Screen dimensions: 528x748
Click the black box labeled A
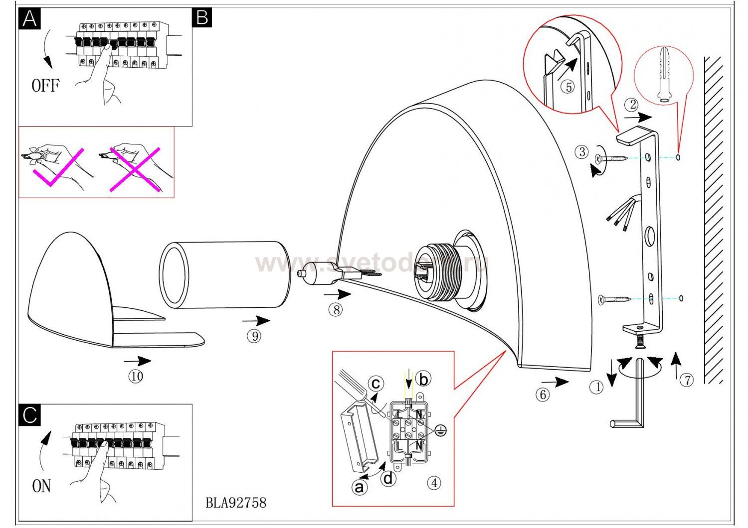coord(29,18)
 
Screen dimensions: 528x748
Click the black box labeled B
coord(201,17)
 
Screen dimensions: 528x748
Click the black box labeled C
coord(29,414)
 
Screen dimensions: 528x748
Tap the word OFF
coord(45,86)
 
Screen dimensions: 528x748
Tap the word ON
coord(41,486)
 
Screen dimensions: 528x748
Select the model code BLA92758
coord(236,502)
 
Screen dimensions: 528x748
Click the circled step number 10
coord(136,376)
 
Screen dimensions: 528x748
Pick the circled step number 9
coord(254,336)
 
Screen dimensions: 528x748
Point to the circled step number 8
coord(336,310)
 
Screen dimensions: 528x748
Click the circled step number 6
coord(543,395)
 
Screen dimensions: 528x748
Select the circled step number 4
coord(434,483)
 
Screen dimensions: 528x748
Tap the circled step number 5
coord(568,87)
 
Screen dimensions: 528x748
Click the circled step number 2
coord(633,105)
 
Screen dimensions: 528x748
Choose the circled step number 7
coord(687,380)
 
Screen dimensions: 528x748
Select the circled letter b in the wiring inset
coord(423,380)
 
